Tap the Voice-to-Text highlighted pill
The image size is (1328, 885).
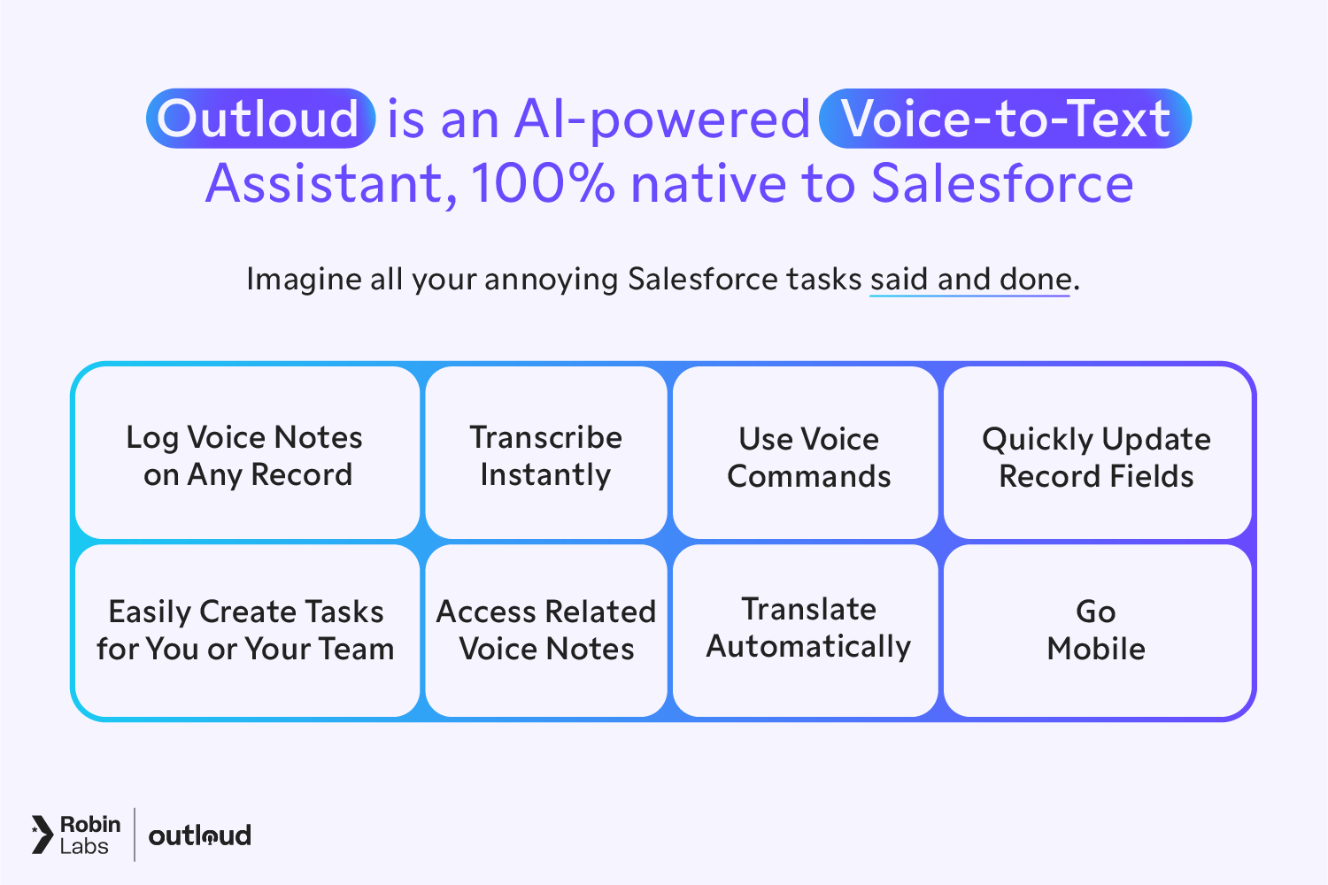1005,119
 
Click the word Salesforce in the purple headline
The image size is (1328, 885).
1001,184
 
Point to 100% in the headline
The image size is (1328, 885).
542,184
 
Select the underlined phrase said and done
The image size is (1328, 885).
970,280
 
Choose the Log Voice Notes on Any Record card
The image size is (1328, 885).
246,455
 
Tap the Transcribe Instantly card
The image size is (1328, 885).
545,455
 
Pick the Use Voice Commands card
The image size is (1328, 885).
807,455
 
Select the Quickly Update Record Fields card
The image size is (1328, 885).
1096,455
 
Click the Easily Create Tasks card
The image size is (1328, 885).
246,630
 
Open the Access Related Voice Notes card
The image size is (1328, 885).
545,630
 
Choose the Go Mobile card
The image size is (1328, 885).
1096,630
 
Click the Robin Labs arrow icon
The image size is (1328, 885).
42,835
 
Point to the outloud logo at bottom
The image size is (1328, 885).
200,835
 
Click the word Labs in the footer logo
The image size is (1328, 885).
84,847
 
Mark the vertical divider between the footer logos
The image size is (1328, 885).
135,835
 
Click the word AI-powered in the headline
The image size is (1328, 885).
662,119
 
